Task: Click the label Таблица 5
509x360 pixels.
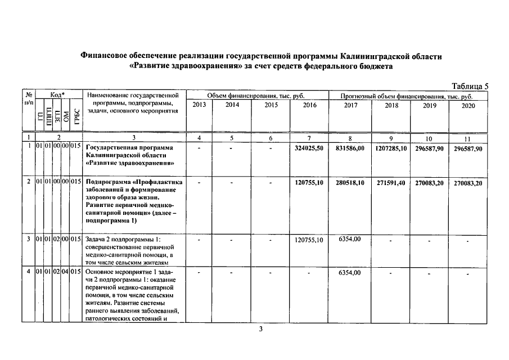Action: [470, 86]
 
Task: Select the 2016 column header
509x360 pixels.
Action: [309, 105]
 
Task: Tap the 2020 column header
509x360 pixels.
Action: [468, 105]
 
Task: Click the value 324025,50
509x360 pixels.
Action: [309, 148]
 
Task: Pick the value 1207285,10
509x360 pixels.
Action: [391, 148]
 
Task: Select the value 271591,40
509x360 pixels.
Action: [391, 183]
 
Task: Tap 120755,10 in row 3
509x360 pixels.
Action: [309, 240]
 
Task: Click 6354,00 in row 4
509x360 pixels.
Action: [350, 273]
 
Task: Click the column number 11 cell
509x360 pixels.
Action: [468, 138]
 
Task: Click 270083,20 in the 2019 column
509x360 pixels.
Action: [429, 183]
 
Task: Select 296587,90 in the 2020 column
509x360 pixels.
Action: [468, 148]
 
